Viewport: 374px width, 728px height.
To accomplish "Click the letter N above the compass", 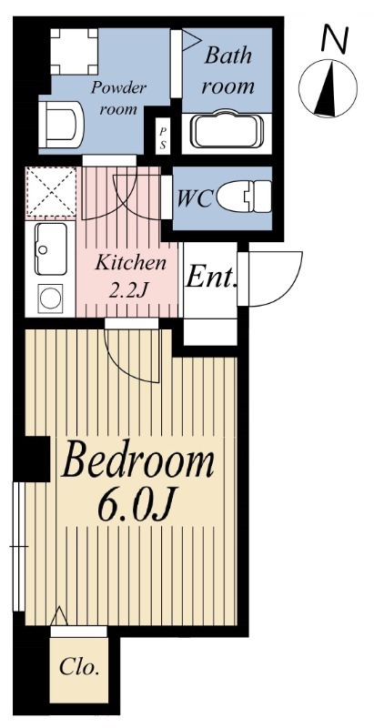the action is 336,38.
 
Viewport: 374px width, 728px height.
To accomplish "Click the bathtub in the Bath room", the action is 226,129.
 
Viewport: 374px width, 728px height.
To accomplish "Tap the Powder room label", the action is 119,98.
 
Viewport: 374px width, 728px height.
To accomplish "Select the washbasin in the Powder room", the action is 61,125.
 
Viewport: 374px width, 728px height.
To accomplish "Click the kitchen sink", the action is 51,248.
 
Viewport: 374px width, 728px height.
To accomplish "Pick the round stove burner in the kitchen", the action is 50,298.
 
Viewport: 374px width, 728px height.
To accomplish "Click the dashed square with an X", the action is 51,192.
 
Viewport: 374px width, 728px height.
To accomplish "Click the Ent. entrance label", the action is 211,278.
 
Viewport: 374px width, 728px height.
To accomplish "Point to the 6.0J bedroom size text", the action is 136,506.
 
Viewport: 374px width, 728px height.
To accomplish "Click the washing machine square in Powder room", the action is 75,51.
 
